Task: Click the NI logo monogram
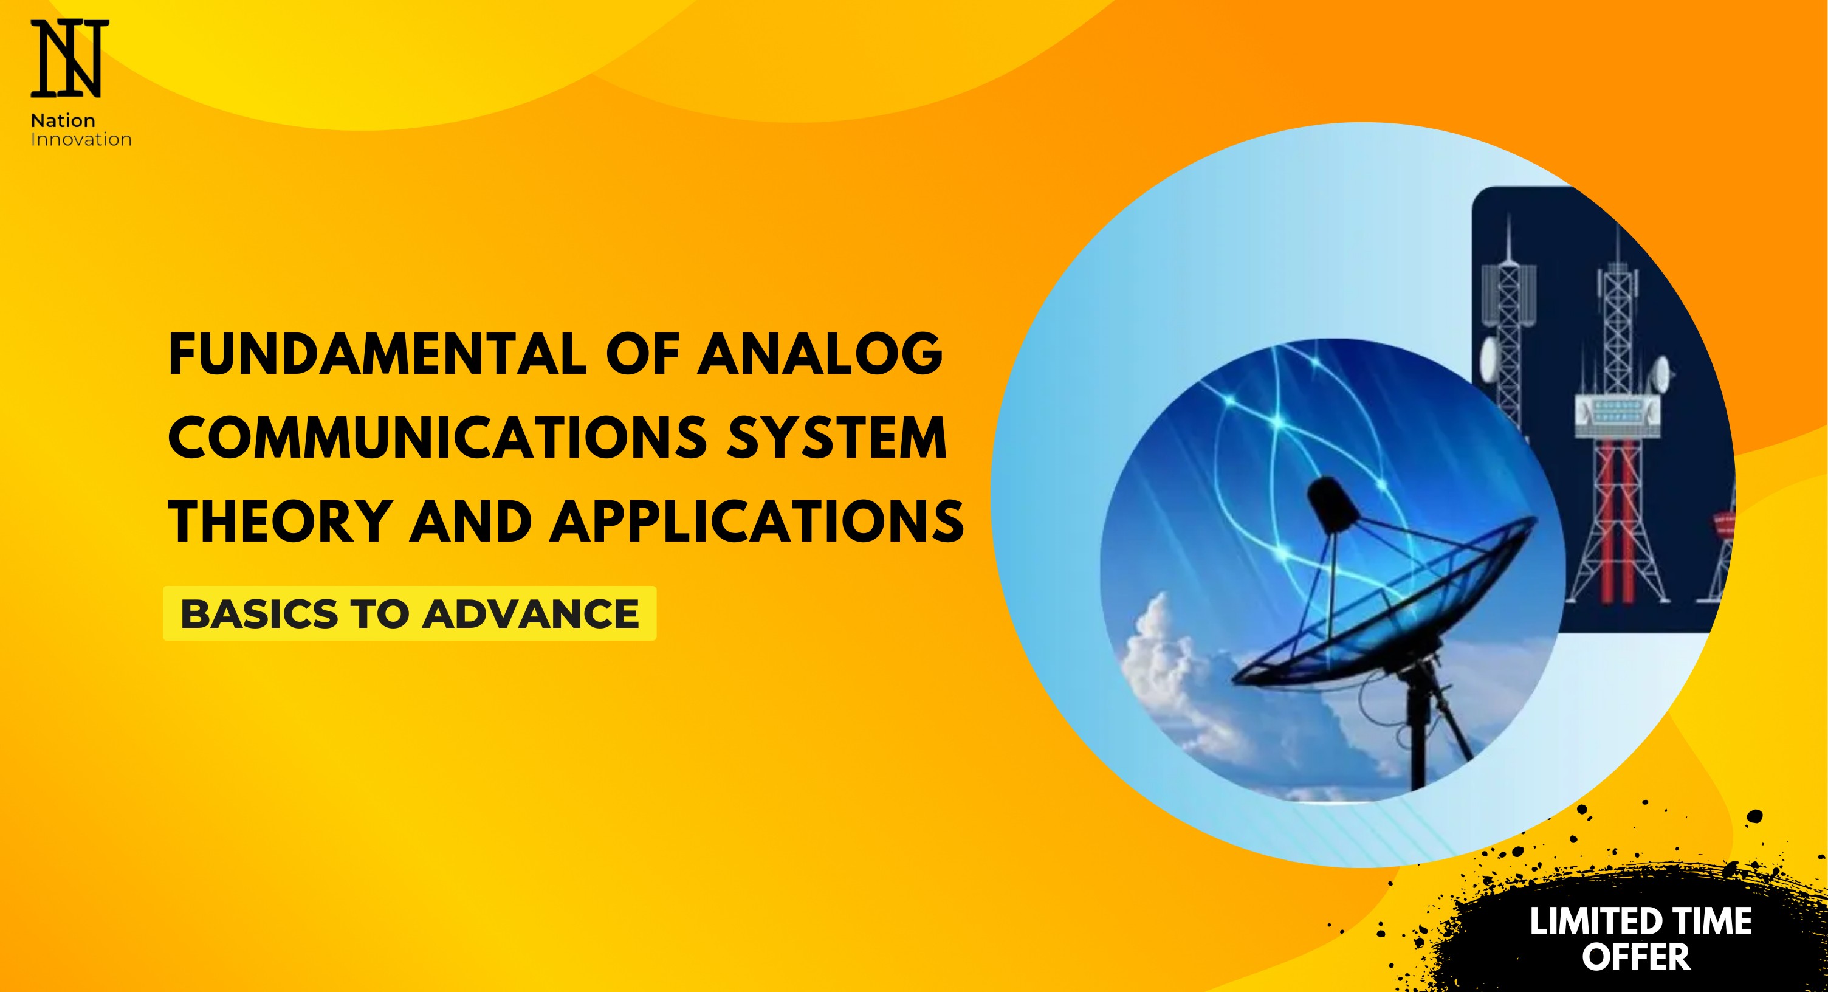coord(69,59)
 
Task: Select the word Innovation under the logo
coord(81,139)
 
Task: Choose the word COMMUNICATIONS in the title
coord(438,437)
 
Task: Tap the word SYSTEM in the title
coord(837,437)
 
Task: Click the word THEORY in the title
coord(281,521)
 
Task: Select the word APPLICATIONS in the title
coord(757,521)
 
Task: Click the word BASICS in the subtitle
coord(259,614)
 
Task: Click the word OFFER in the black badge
coord(1637,957)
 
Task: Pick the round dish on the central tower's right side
coord(1660,373)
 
